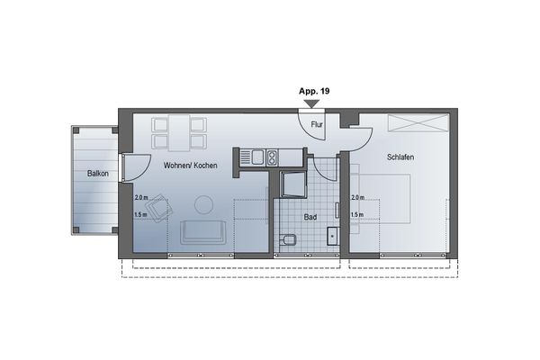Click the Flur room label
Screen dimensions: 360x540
click(x=317, y=124)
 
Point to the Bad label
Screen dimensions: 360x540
click(x=310, y=218)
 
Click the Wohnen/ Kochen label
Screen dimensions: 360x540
click(x=190, y=166)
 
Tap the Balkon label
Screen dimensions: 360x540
click(x=98, y=173)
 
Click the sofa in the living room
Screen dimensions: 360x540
click(x=204, y=231)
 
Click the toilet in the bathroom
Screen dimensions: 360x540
click(x=288, y=240)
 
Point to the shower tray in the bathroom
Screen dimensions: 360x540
click(x=293, y=184)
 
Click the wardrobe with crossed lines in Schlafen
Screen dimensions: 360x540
click(x=417, y=123)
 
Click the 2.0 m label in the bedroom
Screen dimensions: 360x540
click(x=357, y=197)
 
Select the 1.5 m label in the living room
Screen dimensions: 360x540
click(x=139, y=215)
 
